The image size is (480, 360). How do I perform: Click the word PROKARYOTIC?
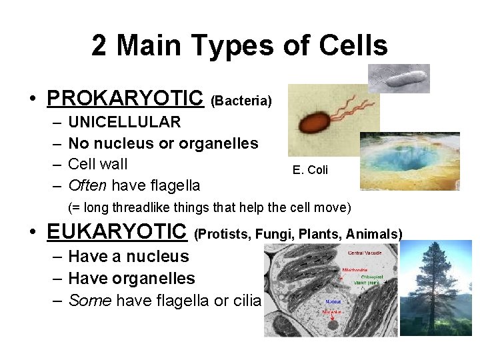click(125, 98)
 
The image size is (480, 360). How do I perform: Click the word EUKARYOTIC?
click(117, 231)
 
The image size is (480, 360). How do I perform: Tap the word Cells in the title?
click(353, 46)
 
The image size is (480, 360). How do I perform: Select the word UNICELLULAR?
click(124, 122)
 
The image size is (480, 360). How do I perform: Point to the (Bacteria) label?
click(241, 101)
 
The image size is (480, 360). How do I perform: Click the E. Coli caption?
click(310, 170)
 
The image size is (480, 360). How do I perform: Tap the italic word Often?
click(87, 185)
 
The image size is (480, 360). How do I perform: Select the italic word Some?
click(89, 300)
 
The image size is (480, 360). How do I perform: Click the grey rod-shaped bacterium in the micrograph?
click(403, 79)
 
